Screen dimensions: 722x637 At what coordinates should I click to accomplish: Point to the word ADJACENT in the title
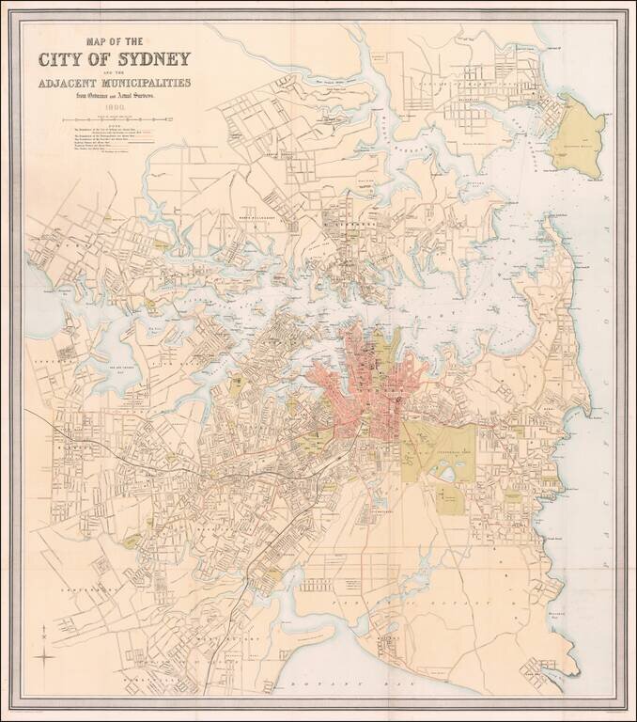pos(72,84)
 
